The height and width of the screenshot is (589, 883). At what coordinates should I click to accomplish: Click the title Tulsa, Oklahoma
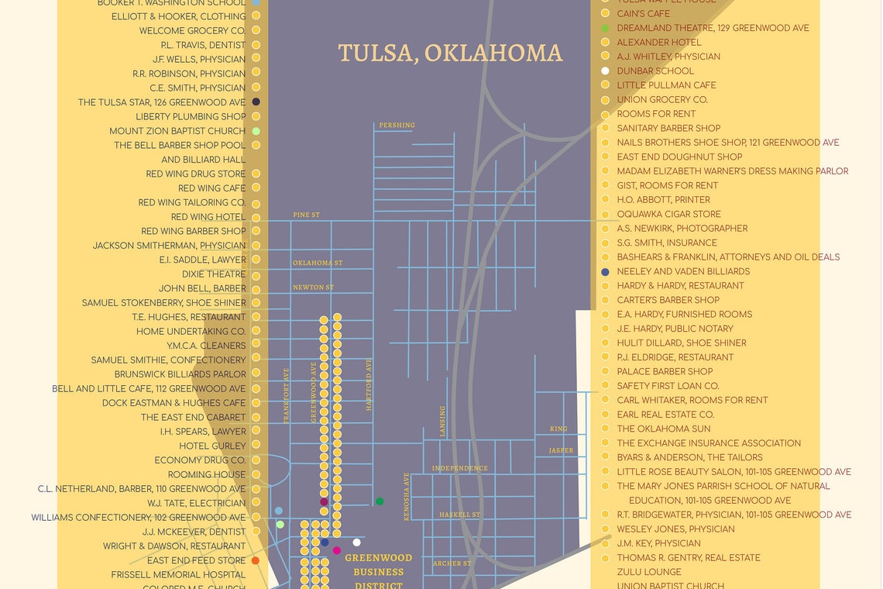click(x=450, y=53)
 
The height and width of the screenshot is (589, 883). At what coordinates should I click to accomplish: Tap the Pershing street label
click(x=397, y=126)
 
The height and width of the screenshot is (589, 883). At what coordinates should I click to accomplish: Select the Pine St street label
click(x=306, y=215)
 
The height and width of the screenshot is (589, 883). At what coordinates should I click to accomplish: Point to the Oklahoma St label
click(x=318, y=263)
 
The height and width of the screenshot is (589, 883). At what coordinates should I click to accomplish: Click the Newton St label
click(x=313, y=288)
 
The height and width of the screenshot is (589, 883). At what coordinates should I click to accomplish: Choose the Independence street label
click(x=460, y=468)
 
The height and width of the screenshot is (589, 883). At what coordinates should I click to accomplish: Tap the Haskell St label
click(x=460, y=515)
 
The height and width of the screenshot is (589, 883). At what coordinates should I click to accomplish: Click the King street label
click(x=558, y=429)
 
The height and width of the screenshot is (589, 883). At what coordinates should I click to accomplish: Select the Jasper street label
click(x=561, y=450)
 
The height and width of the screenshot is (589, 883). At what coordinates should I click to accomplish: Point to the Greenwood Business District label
click(x=379, y=571)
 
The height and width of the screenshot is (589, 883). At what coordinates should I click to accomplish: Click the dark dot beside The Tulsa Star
click(x=256, y=102)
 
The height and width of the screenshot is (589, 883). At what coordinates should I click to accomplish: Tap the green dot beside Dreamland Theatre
click(x=605, y=28)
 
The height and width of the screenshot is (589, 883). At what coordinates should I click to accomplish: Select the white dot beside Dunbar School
click(x=605, y=71)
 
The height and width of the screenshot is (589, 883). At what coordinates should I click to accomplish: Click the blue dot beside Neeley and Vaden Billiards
click(x=605, y=272)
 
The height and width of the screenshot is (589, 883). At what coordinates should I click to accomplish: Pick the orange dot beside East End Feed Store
click(x=256, y=560)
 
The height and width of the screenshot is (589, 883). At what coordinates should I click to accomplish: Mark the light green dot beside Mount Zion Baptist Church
click(x=256, y=131)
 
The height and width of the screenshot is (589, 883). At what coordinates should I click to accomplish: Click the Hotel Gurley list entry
click(x=212, y=446)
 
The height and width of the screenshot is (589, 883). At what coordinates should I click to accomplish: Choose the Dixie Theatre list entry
click(x=214, y=274)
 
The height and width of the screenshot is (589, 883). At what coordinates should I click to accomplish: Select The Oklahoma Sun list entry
click(x=664, y=429)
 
